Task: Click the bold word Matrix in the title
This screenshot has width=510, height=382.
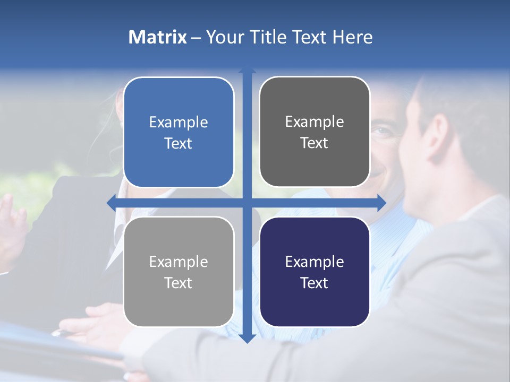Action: pos(157,37)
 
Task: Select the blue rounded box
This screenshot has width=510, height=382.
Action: pos(178,132)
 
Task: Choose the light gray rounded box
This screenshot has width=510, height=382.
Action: pos(178,272)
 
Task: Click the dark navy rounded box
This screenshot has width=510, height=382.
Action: pos(314,272)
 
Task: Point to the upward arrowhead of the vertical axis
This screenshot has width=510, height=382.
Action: pos(247,71)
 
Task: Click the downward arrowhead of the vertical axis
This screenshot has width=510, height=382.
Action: pos(247,338)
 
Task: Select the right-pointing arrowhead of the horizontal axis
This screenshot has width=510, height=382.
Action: pos(381,202)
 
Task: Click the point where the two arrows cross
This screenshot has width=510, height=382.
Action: pos(247,202)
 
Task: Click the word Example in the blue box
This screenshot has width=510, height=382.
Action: pos(178,123)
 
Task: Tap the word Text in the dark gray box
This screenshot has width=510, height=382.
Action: pos(314,143)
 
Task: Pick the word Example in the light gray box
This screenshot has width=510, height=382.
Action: pos(178,262)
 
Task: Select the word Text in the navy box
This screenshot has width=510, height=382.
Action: pos(314,283)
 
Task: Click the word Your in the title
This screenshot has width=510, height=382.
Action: pos(224,37)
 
